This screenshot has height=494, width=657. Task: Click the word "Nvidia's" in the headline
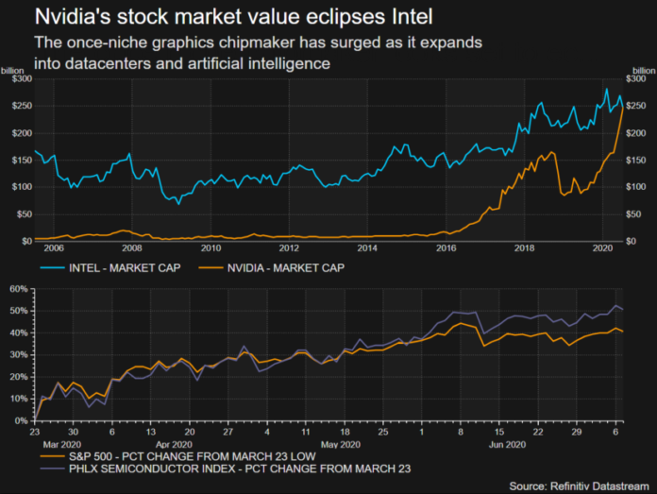pos(72,16)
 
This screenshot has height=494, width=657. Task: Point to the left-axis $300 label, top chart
pos(18,78)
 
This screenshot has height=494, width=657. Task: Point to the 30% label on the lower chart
pos(16,355)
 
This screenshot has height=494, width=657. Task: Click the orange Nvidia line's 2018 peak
pos(551,152)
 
